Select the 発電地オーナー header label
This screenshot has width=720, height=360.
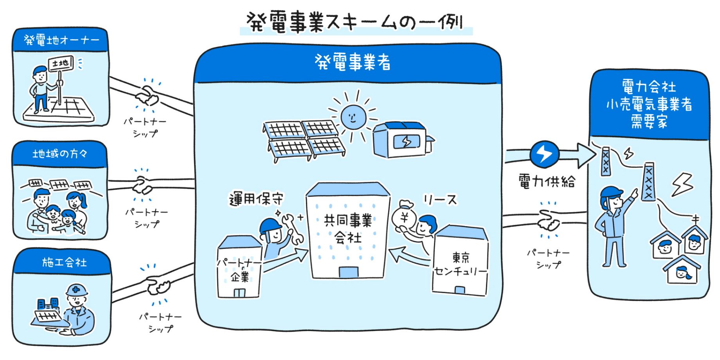(x=61, y=40)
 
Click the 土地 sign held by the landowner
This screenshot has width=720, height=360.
(x=60, y=63)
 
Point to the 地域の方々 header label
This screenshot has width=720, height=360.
(x=60, y=154)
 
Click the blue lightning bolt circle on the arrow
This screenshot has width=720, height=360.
(x=544, y=154)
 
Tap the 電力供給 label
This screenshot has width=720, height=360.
(x=547, y=181)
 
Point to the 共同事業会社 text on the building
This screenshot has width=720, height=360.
(x=348, y=229)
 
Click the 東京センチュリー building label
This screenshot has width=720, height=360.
(x=461, y=265)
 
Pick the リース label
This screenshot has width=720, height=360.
(x=440, y=200)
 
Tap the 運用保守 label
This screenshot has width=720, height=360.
(x=256, y=199)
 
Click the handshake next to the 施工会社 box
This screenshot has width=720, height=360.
(x=158, y=286)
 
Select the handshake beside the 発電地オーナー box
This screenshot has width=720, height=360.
(x=147, y=96)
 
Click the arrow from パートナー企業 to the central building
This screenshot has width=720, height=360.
(x=288, y=260)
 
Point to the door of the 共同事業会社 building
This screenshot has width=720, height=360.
(x=348, y=272)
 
